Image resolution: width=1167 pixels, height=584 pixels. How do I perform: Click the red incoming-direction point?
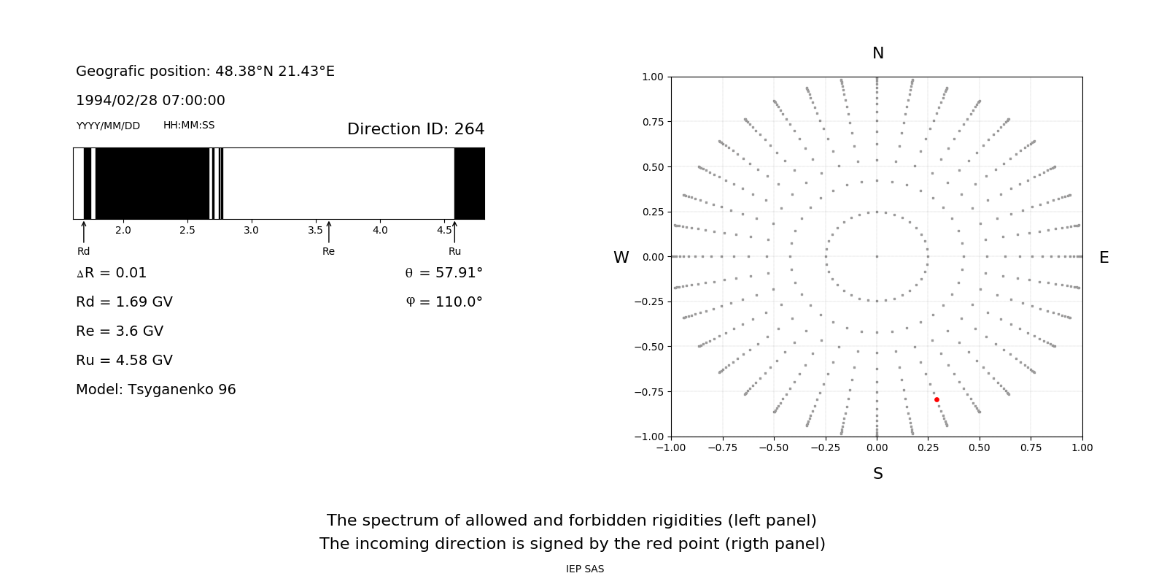click(x=937, y=399)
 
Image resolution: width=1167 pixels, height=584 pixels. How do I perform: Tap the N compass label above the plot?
click(x=877, y=53)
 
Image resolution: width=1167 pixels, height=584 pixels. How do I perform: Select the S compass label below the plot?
click(x=877, y=474)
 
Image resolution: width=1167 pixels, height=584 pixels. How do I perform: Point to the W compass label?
click(x=621, y=258)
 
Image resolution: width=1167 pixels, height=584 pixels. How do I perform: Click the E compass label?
click(x=1104, y=258)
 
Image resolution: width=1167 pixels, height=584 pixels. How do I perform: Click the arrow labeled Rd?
click(x=84, y=231)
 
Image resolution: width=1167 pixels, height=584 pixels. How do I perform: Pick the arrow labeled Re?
click(x=328, y=231)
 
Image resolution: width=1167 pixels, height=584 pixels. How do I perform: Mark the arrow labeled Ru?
click(x=454, y=231)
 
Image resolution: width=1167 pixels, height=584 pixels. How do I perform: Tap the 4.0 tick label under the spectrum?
click(x=380, y=230)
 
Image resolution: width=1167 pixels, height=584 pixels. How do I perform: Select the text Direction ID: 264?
click(x=416, y=129)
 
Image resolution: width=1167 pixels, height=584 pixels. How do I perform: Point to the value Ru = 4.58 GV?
click(x=124, y=360)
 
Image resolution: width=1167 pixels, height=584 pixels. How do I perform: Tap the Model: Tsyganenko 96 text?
click(x=155, y=389)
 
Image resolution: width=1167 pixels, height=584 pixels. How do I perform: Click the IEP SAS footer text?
click(x=584, y=569)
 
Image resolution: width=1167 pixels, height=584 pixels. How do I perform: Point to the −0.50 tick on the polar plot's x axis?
click(x=773, y=447)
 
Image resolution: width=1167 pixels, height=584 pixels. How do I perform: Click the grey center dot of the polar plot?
click(x=877, y=256)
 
